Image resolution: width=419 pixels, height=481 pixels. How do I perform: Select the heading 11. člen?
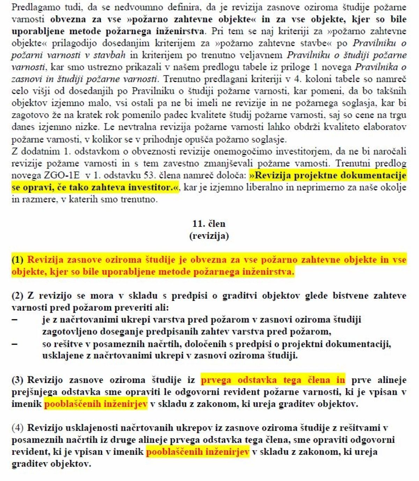click(x=209, y=224)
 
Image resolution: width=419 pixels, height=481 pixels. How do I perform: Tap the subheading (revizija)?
click(x=209, y=236)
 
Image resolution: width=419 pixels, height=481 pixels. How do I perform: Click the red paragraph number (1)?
click(x=17, y=260)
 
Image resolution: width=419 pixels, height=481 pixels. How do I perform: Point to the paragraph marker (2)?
click(x=17, y=296)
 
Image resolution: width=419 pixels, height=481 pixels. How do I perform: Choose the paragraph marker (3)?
click(x=17, y=380)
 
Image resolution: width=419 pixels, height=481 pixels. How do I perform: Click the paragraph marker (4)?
click(x=17, y=428)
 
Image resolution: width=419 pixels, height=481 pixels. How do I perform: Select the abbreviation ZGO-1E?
click(x=61, y=175)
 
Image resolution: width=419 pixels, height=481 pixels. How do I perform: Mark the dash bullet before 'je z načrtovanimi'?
click(x=15, y=319)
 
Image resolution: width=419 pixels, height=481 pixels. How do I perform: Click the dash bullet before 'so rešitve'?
click(x=15, y=344)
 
